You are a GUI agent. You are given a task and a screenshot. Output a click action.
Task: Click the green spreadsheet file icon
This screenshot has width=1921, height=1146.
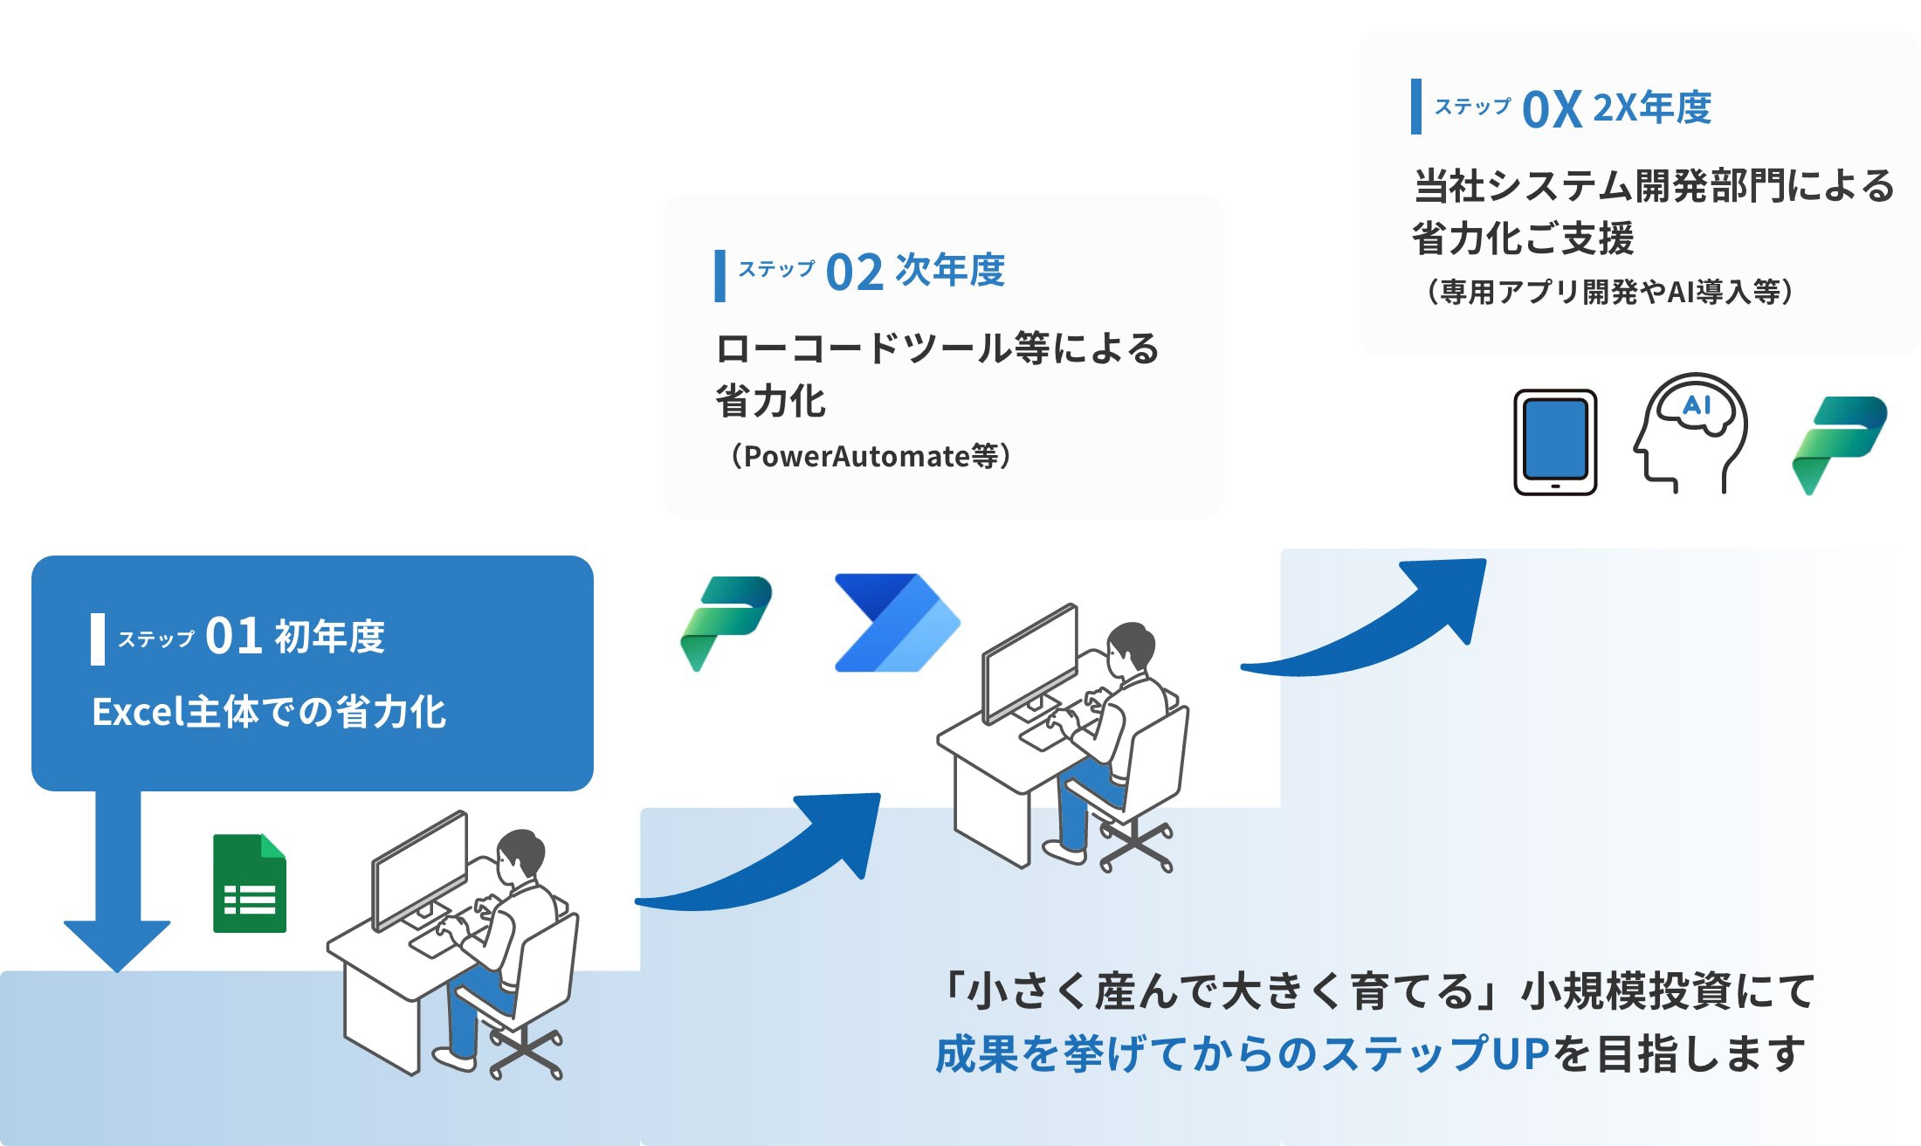point(250,884)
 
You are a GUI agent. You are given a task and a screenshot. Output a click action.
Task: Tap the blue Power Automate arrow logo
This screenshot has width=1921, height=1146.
point(896,623)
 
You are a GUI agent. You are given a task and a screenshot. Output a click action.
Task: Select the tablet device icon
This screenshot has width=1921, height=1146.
point(1555,442)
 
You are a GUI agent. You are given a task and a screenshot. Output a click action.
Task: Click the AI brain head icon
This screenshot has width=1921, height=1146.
point(1690,432)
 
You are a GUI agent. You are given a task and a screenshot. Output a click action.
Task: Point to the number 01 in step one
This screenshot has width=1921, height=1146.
point(233,636)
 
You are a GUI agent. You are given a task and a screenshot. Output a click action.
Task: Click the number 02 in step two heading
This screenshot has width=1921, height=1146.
point(854,273)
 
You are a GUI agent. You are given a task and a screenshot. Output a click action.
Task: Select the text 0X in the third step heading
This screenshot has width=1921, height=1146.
point(1552,110)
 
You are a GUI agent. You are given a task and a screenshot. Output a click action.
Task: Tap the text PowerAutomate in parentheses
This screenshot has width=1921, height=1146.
point(857,456)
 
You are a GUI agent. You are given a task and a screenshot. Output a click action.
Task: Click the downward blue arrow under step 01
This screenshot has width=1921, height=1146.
point(117,891)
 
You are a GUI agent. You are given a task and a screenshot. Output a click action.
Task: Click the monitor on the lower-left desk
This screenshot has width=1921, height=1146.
point(420,869)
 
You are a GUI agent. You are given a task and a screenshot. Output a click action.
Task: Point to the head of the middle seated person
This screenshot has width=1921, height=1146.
point(1131,645)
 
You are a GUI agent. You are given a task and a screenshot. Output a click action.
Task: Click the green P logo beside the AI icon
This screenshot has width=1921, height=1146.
point(1838,444)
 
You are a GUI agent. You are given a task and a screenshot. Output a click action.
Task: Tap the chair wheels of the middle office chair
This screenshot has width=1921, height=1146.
point(1135,847)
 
